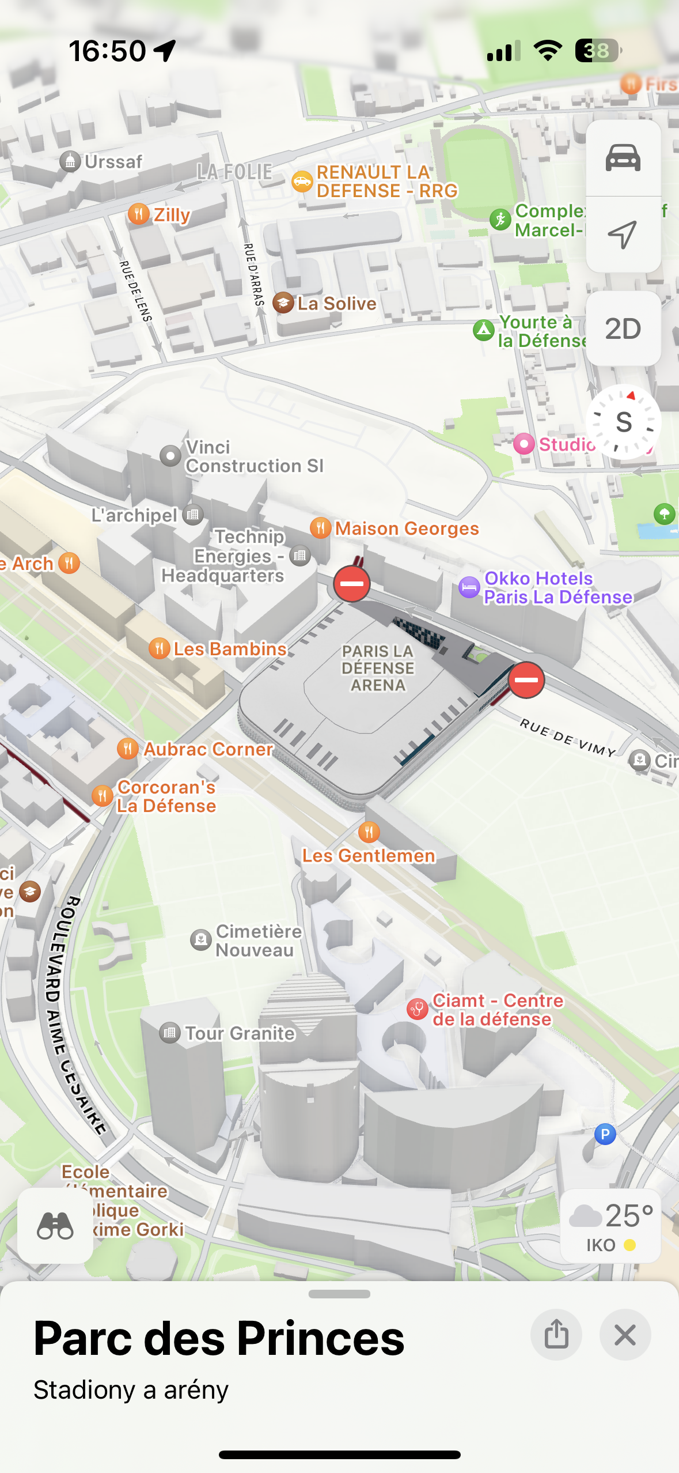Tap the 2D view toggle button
623,329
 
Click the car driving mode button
623,158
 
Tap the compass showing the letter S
623,422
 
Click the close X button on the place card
625,1335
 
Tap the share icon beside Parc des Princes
556,1335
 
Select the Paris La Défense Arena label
378,668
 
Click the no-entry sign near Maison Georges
351,584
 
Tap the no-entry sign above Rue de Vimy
526,680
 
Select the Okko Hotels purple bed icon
469,587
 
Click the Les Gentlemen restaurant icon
369,832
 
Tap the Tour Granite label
239,1033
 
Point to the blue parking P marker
605,1134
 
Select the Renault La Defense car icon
302,182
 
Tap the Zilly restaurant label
172,214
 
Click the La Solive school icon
283,303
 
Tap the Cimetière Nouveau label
258,941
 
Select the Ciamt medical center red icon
417,1009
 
